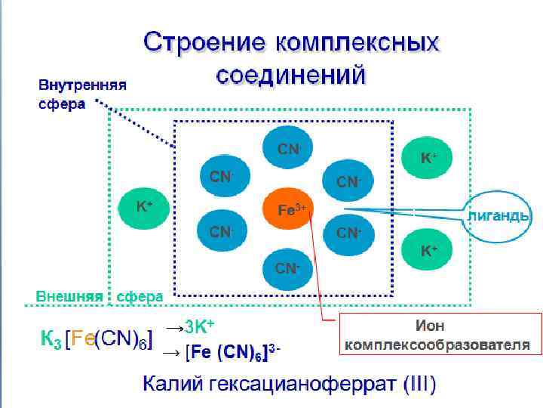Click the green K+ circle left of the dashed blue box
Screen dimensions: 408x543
144,206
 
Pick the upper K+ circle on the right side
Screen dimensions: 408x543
428,158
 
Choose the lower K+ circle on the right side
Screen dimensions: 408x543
428,249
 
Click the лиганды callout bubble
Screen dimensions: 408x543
499,215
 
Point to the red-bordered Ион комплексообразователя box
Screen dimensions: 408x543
440,335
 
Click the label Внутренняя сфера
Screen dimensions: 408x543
82,94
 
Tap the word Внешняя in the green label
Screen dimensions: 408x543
70,296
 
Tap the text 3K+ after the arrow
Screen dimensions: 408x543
199,327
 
